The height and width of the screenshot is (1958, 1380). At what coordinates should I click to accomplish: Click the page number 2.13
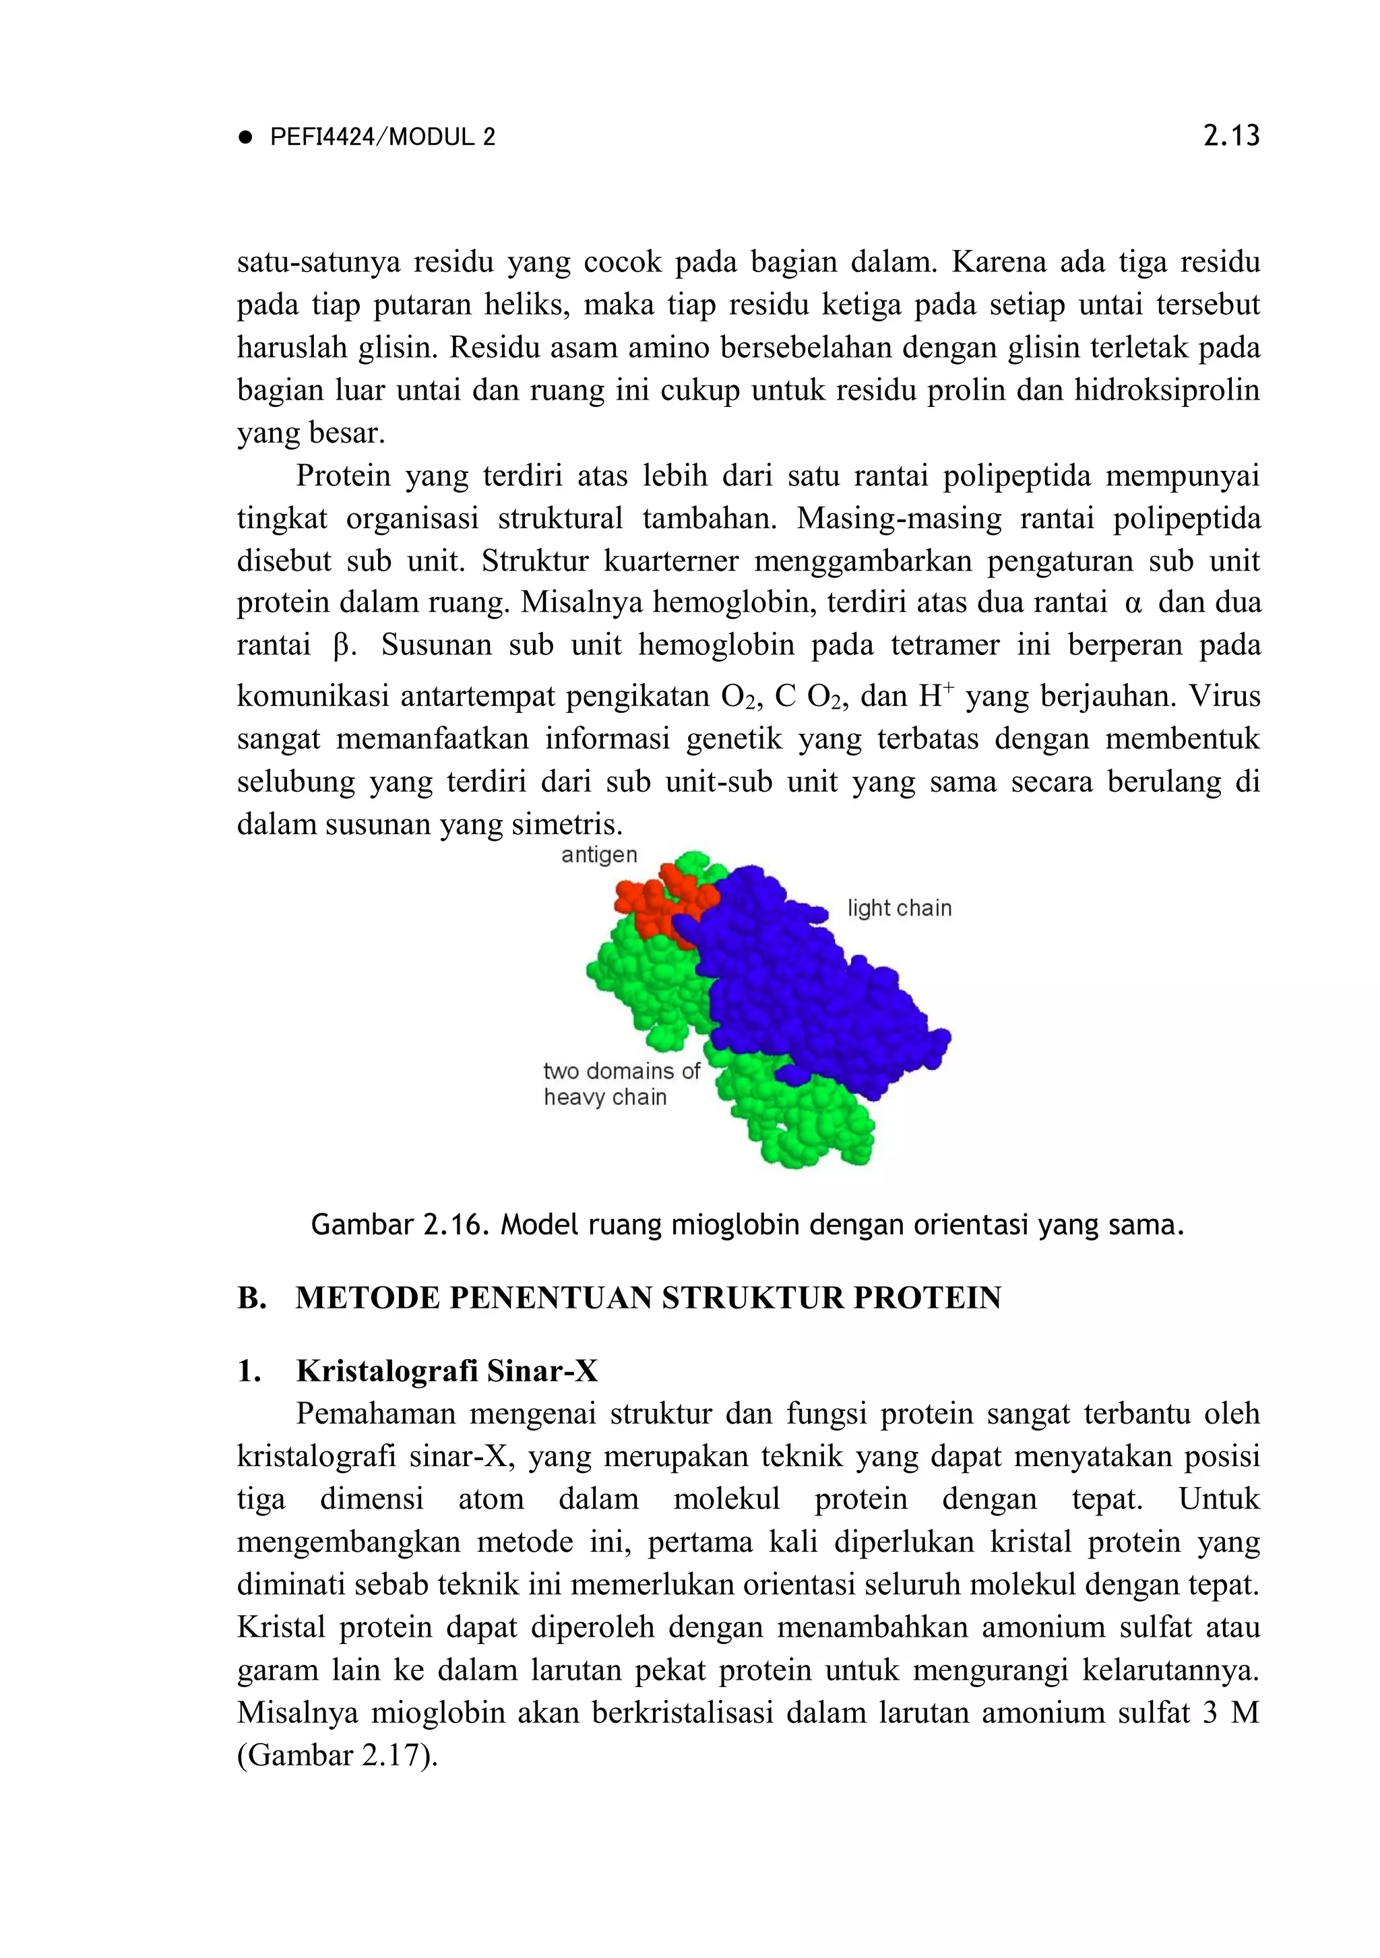pyautogui.click(x=1230, y=137)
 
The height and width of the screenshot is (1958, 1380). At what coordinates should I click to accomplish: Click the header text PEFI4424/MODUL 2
pyautogui.click(x=382, y=137)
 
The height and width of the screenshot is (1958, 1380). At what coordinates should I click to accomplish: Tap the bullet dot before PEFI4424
pyautogui.click(x=247, y=138)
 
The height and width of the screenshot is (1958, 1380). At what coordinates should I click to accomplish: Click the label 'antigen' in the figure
pyautogui.click(x=599, y=854)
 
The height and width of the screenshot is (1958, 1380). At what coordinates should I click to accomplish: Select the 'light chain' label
pyautogui.click(x=899, y=908)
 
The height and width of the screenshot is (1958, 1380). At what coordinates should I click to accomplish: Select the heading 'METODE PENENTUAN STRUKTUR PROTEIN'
pyautogui.click(x=648, y=1298)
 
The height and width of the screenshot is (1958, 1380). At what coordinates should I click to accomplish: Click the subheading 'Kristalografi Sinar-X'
pyautogui.click(x=447, y=1370)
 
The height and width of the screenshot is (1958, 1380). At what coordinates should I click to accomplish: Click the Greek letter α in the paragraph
pyautogui.click(x=1133, y=604)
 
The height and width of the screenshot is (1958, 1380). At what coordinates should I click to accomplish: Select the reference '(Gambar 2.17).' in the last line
pyautogui.click(x=337, y=1755)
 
